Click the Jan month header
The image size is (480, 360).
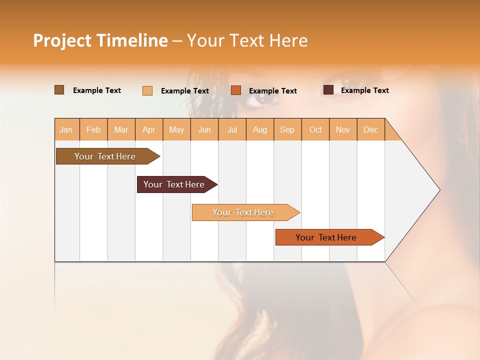point(66,129)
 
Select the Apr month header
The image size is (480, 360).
point(148,129)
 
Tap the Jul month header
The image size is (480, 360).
point(232,129)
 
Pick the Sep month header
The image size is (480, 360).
point(287,129)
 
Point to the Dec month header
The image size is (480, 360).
point(370,129)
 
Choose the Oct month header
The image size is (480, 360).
point(315,129)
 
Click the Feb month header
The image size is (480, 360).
point(93,129)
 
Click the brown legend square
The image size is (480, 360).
point(59,90)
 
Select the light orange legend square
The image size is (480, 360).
point(147,90)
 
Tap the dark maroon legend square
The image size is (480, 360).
point(328,90)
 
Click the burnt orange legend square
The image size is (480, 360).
point(236,90)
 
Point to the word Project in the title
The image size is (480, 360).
point(61,40)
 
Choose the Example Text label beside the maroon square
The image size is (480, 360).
point(364,90)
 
